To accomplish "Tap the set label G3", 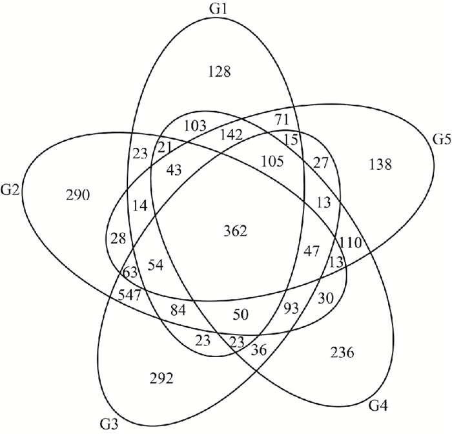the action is (108, 424).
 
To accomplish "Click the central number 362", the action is (235, 231).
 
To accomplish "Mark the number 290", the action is (79, 194).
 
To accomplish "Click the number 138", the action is (380, 165).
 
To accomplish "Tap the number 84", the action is (178, 311).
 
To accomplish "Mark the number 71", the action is (282, 119).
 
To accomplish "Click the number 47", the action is (311, 251).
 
